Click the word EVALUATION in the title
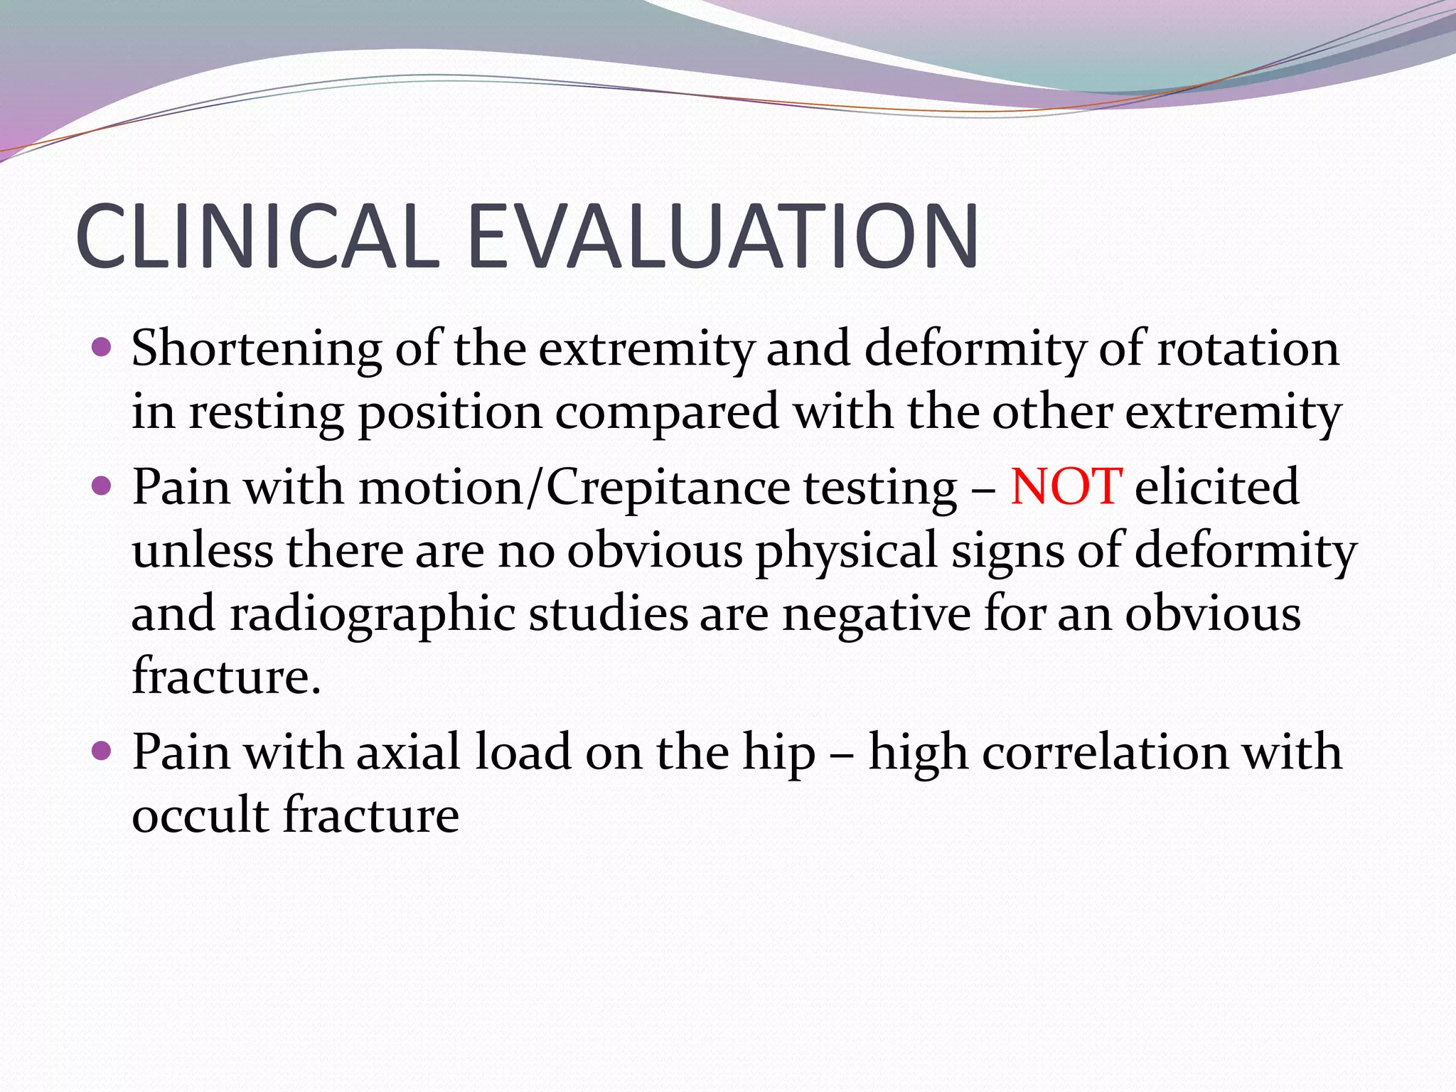click(x=722, y=236)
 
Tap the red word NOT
click(x=1066, y=487)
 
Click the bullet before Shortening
click(x=102, y=348)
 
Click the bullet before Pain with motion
click(x=102, y=486)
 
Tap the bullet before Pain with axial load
click(x=102, y=750)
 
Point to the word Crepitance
click(x=668, y=488)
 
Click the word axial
click(x=408, y=752)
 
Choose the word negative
click(x=876, y=614)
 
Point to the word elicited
click(x=1216, y=487)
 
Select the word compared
click(x=667, y=413)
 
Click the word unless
click(x=203, y=551)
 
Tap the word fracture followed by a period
click(x=226, y=675)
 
